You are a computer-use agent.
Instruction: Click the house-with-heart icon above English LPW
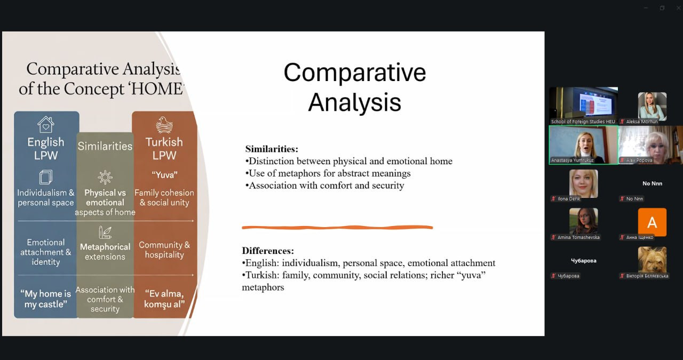[46, 124]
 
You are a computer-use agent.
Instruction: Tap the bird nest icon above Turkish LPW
[164, 125]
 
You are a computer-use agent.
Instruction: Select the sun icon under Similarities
[105, 177]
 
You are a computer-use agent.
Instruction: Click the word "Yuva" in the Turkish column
[164, 175]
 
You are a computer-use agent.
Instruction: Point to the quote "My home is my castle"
[46, 299]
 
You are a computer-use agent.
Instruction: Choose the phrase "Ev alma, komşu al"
[164, 299]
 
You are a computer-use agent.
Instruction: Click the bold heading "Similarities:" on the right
[272, 149]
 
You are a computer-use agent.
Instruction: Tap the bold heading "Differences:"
[268, 251]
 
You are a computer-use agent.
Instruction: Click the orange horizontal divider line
[337, 227]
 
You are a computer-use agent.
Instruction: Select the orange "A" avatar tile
[652, 222]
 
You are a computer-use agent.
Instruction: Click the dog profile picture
[652, 260]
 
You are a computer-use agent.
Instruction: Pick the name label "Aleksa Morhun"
[641, 122]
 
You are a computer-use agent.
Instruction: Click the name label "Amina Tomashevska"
[578, 237]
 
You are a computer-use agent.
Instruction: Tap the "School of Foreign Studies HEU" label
[583, 122]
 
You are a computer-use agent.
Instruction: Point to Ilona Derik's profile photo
[584, 184]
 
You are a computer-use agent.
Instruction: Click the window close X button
[678, 8]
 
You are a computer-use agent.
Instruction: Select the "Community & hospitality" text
[164, 250]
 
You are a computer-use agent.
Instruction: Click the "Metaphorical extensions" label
[105, 252]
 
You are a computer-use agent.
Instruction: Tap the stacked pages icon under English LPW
[46, 177]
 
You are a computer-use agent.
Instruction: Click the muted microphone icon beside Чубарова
[553, 276]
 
